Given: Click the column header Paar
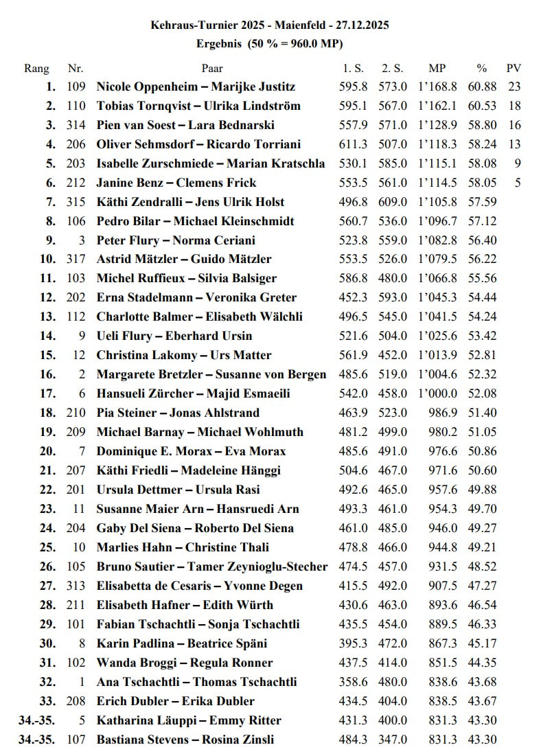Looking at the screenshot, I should click(x=212, y=68).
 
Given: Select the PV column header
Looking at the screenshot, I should click(x=514, y=68).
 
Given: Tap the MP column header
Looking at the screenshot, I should click(x=437, y=68).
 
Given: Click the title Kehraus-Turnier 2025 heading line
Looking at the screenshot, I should click(x=270, y=25).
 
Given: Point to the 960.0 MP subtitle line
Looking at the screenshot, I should click(x=270, y=43).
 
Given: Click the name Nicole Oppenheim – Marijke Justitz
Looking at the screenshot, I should click(x=196, y=87).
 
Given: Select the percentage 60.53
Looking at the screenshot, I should click(x=482, y=106).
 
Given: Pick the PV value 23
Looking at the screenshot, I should click(x=515, y=87).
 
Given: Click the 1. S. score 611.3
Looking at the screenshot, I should click(x=354, y=144).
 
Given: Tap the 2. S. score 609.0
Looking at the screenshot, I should click(x=394, y=202).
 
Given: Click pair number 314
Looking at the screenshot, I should click(x=76, y=125).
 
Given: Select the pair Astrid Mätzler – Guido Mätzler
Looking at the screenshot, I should click(x=183, y=259).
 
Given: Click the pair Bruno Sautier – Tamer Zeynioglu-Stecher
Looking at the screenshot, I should click(x=211, y=566).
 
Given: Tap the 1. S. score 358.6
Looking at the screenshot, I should click(x=354, y=682).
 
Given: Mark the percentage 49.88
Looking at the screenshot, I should click(x=482, y=490).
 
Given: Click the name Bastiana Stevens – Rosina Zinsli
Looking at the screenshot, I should click(x=185, y=740).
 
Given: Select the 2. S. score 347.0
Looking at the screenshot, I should click(x=394, y=740).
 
